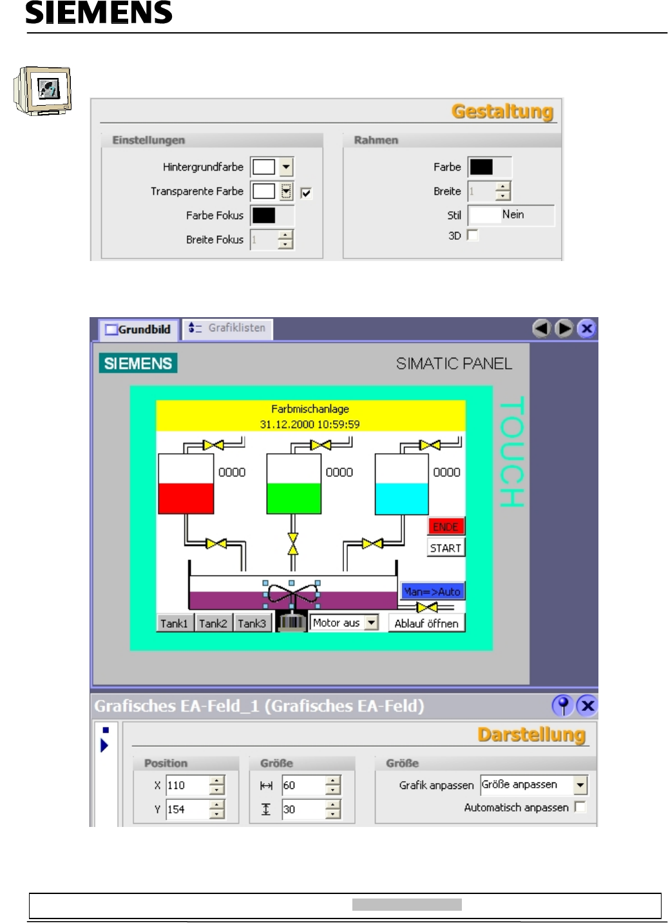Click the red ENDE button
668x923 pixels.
pos(445,527)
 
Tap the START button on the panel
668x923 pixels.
pos(445,548)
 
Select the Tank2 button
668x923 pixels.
pos(213,623)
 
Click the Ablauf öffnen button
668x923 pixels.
pos(426,623)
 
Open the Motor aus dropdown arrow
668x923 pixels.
pos(371,623)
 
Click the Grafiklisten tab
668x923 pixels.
pos(229,328)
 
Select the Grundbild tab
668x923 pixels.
pos(138,329)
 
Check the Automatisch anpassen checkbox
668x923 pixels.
pos(580,807)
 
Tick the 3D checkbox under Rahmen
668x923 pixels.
pos(473,235)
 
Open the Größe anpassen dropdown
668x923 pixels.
pos(580,785)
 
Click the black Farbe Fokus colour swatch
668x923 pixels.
pos(263,215)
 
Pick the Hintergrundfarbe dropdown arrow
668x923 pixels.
pos(287,167)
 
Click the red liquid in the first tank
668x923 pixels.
pos(186,498)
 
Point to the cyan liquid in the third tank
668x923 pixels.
pos(402,498)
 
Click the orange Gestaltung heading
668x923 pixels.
pos(502,112)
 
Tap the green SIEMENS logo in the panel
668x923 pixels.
pos(138,364)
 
